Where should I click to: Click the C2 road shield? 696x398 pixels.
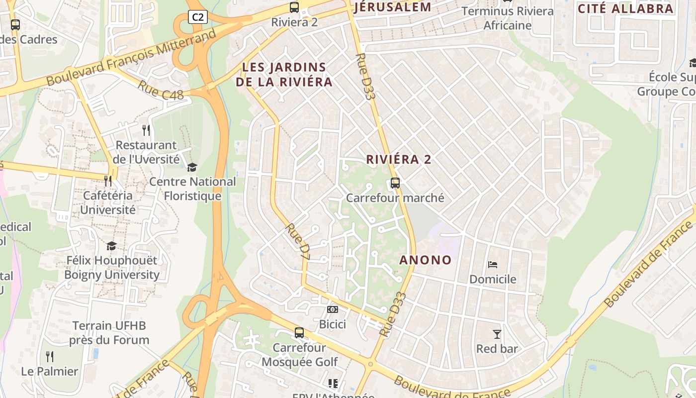[x=198, y=17]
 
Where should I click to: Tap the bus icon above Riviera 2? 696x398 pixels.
[x=294, y=7]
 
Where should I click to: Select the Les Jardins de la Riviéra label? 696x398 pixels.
[x=284, y=75]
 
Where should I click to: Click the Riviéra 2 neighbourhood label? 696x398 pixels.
[x=399, y=160]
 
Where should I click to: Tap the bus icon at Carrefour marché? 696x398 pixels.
[x=395, y=183]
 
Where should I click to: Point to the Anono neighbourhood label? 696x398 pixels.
[x=426, y=260]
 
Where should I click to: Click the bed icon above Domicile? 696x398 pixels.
[x=493, y=264]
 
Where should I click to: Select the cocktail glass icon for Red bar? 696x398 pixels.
[x=497, y=334]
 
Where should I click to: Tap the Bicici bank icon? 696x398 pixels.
[x=333, y=309]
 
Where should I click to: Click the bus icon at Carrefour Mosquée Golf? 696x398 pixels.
[x=299, y=333]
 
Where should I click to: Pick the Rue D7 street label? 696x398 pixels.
[x=298, y=242]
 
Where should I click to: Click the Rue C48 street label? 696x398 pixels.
[x=161, y=90]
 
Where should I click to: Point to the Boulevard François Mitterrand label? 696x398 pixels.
[x=132, y=57]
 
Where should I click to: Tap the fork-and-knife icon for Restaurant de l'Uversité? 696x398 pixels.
[x=146, y=130]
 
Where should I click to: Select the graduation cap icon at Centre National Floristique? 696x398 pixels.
[x=192, y=167]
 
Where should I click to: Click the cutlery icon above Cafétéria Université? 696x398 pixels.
[x=108, y=181]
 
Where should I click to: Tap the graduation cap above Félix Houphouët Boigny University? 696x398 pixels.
[x=111, y=246]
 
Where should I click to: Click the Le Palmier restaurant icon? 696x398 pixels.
[x=50, y=356]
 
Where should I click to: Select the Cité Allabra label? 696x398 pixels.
[x=625, y=8]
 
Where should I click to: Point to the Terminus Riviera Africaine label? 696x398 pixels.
[x=508, y=18]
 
